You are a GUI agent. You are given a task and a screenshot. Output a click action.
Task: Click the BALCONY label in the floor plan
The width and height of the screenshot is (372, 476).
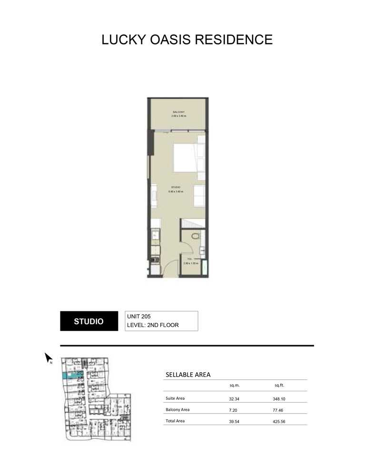pos(178,112)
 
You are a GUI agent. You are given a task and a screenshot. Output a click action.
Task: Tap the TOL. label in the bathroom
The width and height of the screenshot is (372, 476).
pos(189,259)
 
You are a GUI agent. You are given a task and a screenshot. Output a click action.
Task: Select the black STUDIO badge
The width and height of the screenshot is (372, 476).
pos(88,321)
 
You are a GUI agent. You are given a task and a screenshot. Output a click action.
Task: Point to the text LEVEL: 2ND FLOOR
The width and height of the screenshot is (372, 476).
pos(156,326)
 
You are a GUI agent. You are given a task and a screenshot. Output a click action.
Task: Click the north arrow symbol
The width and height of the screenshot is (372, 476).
pos(48,357)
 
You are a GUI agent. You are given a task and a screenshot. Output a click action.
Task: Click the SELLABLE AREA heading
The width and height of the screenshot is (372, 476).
pos(188,375)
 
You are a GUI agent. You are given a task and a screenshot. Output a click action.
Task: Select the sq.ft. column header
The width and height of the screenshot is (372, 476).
pos(279,386)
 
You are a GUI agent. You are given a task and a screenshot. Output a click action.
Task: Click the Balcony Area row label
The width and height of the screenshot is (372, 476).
pos(177,409)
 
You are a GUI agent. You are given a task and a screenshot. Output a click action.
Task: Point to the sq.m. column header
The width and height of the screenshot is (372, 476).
pos(234,386)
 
